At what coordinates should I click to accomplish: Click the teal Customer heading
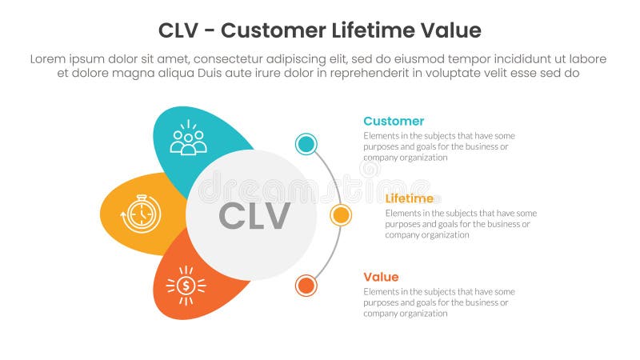click(x=394, y=121)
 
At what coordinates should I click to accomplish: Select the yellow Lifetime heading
click(x=409, y=198)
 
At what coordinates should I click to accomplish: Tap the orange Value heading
click(x=381, y=277)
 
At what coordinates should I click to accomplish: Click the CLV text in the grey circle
click(x=254, y=216)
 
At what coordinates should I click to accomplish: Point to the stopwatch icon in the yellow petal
click(x=141, y=214)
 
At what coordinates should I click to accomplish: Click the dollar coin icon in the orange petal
click(x=186, y=286)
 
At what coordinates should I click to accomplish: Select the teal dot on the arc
click(x=306, y=144)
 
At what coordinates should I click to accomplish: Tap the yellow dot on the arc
click(x=341, y=215)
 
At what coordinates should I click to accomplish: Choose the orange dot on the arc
click(x=306, y=286)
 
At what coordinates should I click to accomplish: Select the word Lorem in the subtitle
click(x=50, y=59)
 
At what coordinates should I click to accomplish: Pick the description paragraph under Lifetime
click(x=461, y=224)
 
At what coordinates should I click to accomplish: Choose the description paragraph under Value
click(x=438, y=302)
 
